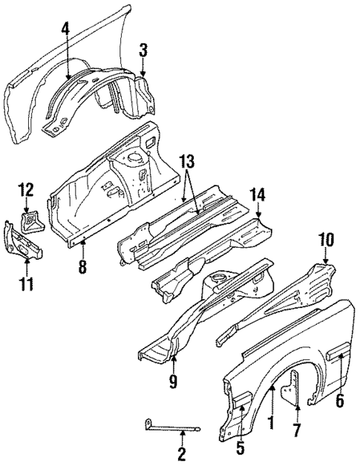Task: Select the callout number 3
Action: click(x=143, y=50)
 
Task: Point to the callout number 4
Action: click(x=66, y=29)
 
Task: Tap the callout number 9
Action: click(x=174, y=381)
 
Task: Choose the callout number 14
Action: click(x=258, y=195)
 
